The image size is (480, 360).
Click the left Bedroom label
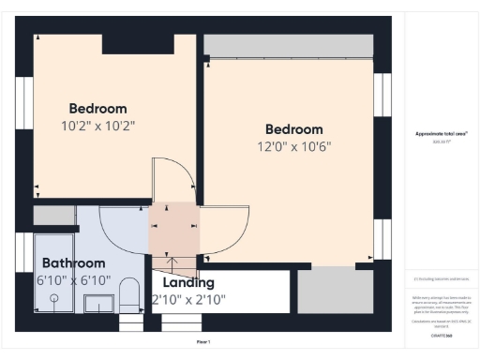coord(97,109)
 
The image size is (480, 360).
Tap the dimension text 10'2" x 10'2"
coord(97,125)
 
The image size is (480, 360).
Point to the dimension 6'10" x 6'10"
coord(74,280)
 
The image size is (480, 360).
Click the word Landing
coord(188,282)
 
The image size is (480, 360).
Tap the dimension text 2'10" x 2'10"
coord(188,300)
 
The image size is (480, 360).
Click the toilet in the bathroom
coord(129,296)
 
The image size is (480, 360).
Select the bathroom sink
coord(98,303)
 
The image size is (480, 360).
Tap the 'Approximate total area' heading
coord(442,134)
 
